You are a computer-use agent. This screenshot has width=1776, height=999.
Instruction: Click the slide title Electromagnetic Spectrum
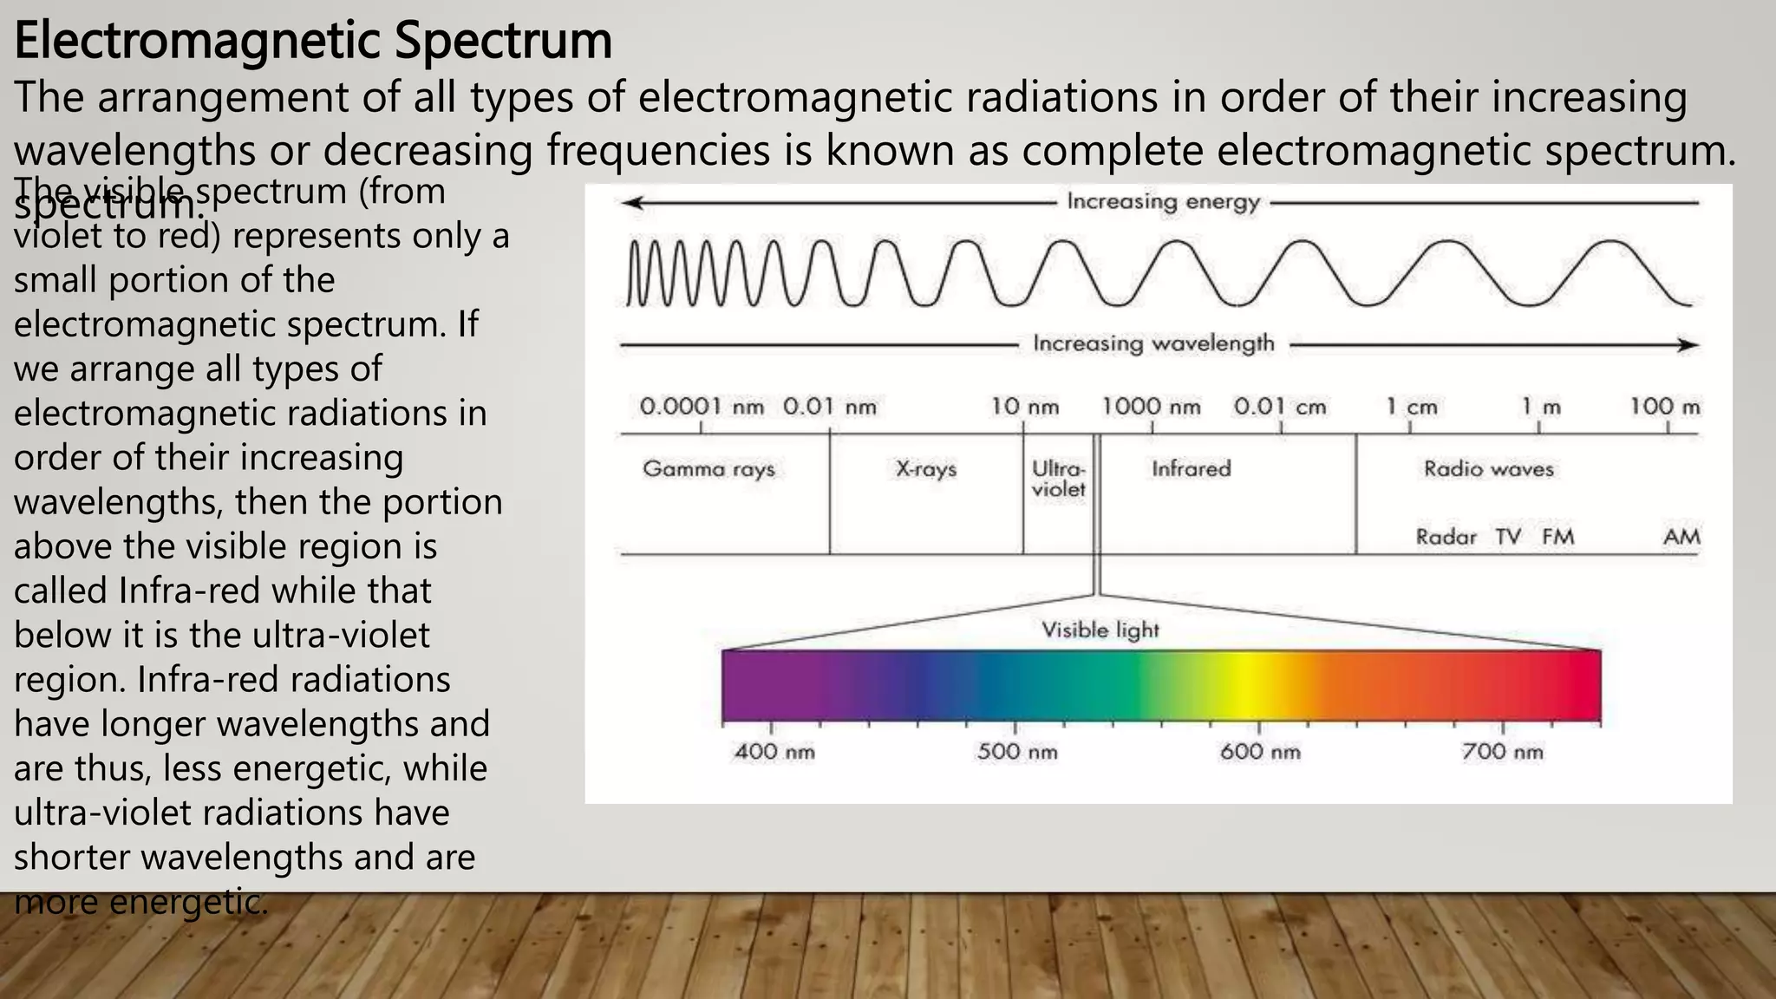point(313,41)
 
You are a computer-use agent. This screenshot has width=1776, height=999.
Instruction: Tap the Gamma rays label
point(708,469)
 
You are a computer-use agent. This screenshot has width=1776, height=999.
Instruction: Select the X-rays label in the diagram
point(925,469)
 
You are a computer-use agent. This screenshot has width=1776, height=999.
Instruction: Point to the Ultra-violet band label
point(1058,479)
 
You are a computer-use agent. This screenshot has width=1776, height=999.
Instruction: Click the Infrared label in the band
point(1191,469)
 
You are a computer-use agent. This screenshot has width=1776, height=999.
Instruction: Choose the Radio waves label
point(1488,469)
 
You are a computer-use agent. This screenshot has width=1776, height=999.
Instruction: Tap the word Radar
point(1446,537)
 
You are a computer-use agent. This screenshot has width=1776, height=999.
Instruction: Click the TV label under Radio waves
point(1508,537)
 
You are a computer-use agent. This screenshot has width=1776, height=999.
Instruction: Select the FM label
point(1557,537)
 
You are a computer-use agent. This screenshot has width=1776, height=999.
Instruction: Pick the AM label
point(1681,537)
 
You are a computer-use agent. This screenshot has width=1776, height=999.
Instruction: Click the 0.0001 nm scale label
point(702,407)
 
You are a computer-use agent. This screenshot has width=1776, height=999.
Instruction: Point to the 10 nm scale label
point(1025,407)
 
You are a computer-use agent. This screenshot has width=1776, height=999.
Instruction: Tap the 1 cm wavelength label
point(1411,407)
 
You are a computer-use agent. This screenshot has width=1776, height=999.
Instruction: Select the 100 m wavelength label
point(1665,407)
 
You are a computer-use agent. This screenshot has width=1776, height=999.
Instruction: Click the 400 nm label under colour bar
point(774,751)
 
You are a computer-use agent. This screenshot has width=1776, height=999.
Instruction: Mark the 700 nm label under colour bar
point(1503,751)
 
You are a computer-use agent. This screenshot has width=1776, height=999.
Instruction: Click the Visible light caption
point(1100,630)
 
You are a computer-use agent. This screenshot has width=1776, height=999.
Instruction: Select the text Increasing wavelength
point(1153,344)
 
